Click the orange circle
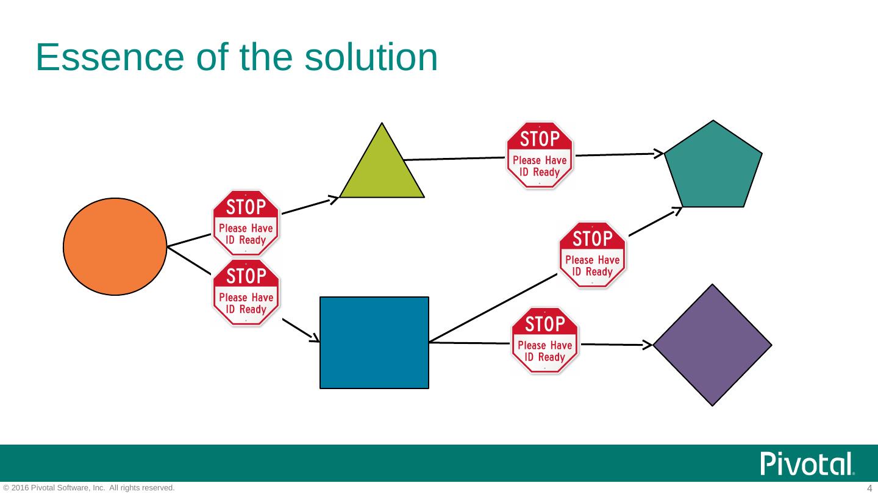coord(115,246)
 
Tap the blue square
coord(374,342)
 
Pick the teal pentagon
coord(713,168)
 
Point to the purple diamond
coord(712,345)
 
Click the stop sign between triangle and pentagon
coord(540,155)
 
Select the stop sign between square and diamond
coord(544,340)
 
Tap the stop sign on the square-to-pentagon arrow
coord(592,254)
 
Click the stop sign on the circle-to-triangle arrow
coord(245,223)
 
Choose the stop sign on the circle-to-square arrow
coord(245,292)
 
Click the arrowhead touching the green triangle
coord(334,199)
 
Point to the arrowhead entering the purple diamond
coord(648,345)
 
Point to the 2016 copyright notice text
coord(89,488)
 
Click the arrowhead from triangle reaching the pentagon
coord(660,153)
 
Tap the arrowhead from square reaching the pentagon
coord(677,211)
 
